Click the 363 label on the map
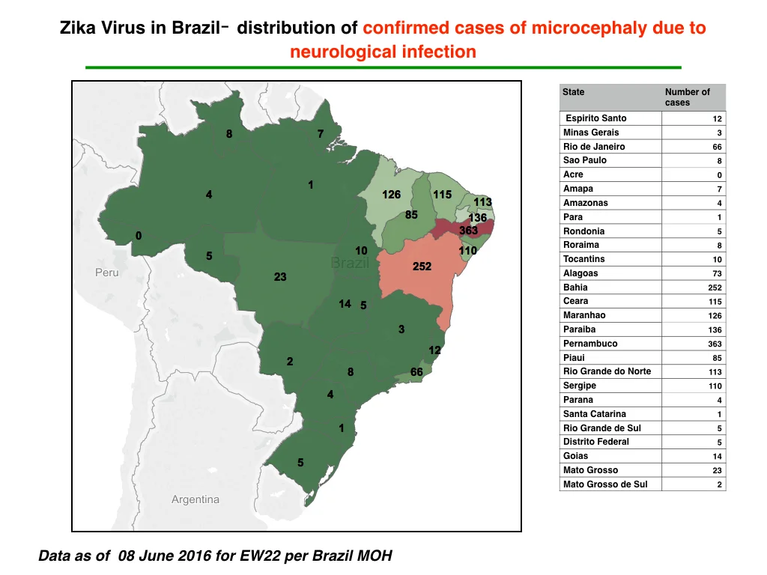(x=468, y=231)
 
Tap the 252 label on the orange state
(x=422, y=267)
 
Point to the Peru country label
(x=106, y=273)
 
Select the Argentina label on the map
(x=195, y=499)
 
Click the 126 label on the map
(x=391, y=195)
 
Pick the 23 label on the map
(x=280, y=277)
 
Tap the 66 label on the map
(x=416, y=372)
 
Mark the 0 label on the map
(x=139, y=236)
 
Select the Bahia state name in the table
(x=575, y=287)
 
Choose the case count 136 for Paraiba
(x=715, y=330)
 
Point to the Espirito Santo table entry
(x=595, y=118)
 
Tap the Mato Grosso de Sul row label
(x=605, y=484)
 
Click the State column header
(x=573, y=92)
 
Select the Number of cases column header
(x=688, y=97)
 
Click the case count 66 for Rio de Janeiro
(x=717, y=147)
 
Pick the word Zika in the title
(x=77, y=28)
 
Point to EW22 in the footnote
(x=259, y=556)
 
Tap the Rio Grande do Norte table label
(x=607, y=371)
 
